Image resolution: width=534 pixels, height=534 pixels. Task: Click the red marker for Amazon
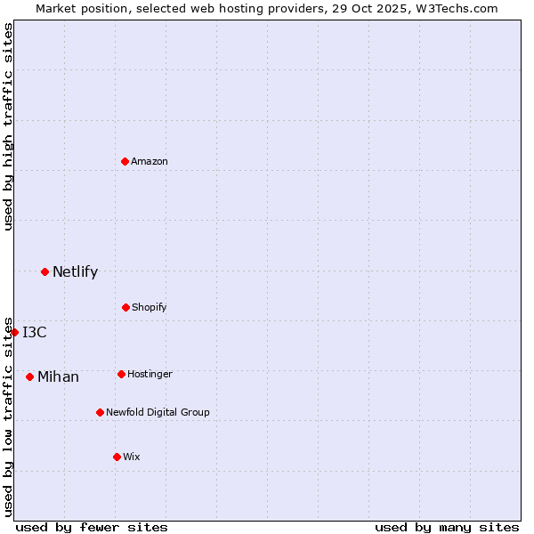pyautogui.click(x=125, y=161)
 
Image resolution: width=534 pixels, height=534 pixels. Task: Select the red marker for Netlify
pyautogui.click(x=45, y=271)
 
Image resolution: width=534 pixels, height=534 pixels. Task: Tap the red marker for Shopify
pyautogui.click(x=126, y=307)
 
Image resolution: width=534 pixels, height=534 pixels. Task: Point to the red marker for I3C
pyautogui.click(x=14, y=332)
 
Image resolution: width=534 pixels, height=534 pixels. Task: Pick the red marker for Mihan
pyautogui.click(x=30, y=376)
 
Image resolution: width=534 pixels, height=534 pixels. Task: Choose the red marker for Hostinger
pyautogui.click(x=122, y=374)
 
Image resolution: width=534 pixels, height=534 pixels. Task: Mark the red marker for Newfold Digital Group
pyautogui.click(x=101, y=412)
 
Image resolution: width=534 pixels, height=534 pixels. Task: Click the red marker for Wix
pyautogui.click(x=117, y=457)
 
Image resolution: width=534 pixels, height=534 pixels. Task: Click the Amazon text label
pyautogui.click(x=150, y=161)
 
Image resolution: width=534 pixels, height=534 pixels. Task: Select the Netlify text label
pyautogui.click(x=75, y=272)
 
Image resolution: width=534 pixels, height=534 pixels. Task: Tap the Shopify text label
pyautogui.click(x=150, y=307)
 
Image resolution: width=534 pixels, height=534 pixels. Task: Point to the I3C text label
pyautogui.click(x=35, y=333)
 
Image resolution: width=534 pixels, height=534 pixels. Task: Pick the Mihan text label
pyautogui.click(x=58, y=377)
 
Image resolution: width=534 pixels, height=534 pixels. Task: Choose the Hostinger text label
pyautogui.click(x=150, y=374)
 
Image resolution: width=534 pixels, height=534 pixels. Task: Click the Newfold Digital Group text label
pyautogui.click(x=158, y=412)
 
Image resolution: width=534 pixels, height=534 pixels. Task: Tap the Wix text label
pyautogui.click(x=132, y=457)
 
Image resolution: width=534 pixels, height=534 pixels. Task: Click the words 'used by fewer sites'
pyautogui.click(x=92, y=527)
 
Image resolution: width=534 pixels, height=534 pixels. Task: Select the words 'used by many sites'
pyautogui.click(x=447, y=527)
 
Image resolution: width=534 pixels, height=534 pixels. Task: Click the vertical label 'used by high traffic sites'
pyautogui.click(x=8, y=126)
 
